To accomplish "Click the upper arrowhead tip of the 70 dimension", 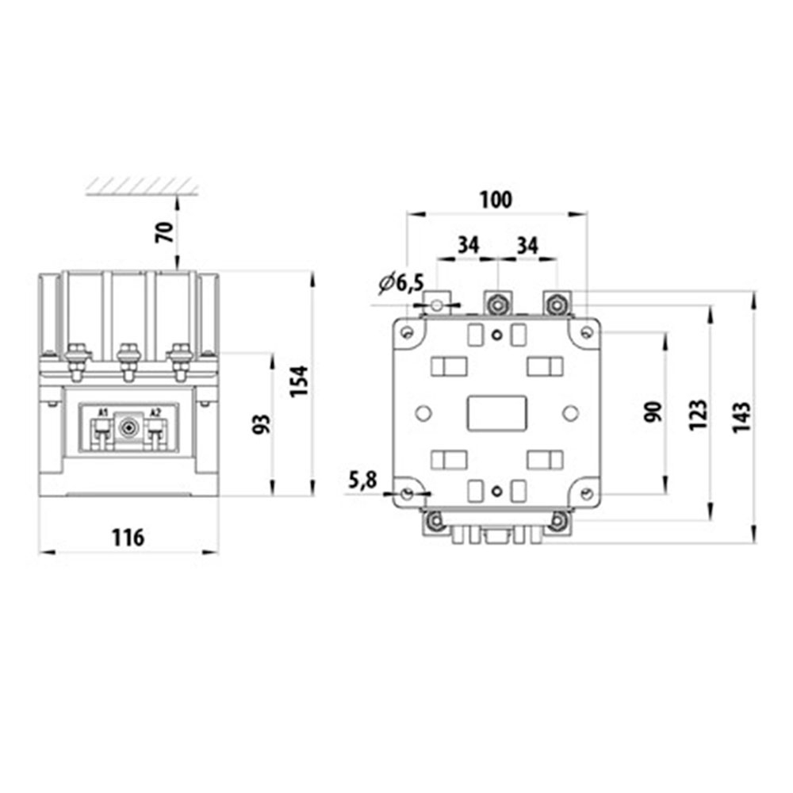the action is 177,195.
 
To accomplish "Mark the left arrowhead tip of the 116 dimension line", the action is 40,552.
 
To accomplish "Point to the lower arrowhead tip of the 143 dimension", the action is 754,543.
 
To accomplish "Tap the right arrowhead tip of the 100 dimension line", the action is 587,214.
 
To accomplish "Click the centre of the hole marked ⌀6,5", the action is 436,305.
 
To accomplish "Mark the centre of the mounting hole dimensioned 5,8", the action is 407,492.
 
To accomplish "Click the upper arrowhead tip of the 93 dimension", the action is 273,353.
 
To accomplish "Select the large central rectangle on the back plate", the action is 497,414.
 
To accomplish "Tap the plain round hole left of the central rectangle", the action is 423,414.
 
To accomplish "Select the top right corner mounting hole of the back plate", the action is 586,333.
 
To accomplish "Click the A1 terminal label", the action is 103,412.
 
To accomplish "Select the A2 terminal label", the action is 155,412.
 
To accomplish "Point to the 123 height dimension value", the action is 699,415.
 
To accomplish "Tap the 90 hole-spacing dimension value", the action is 653,412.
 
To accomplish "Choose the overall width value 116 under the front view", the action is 128,537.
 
